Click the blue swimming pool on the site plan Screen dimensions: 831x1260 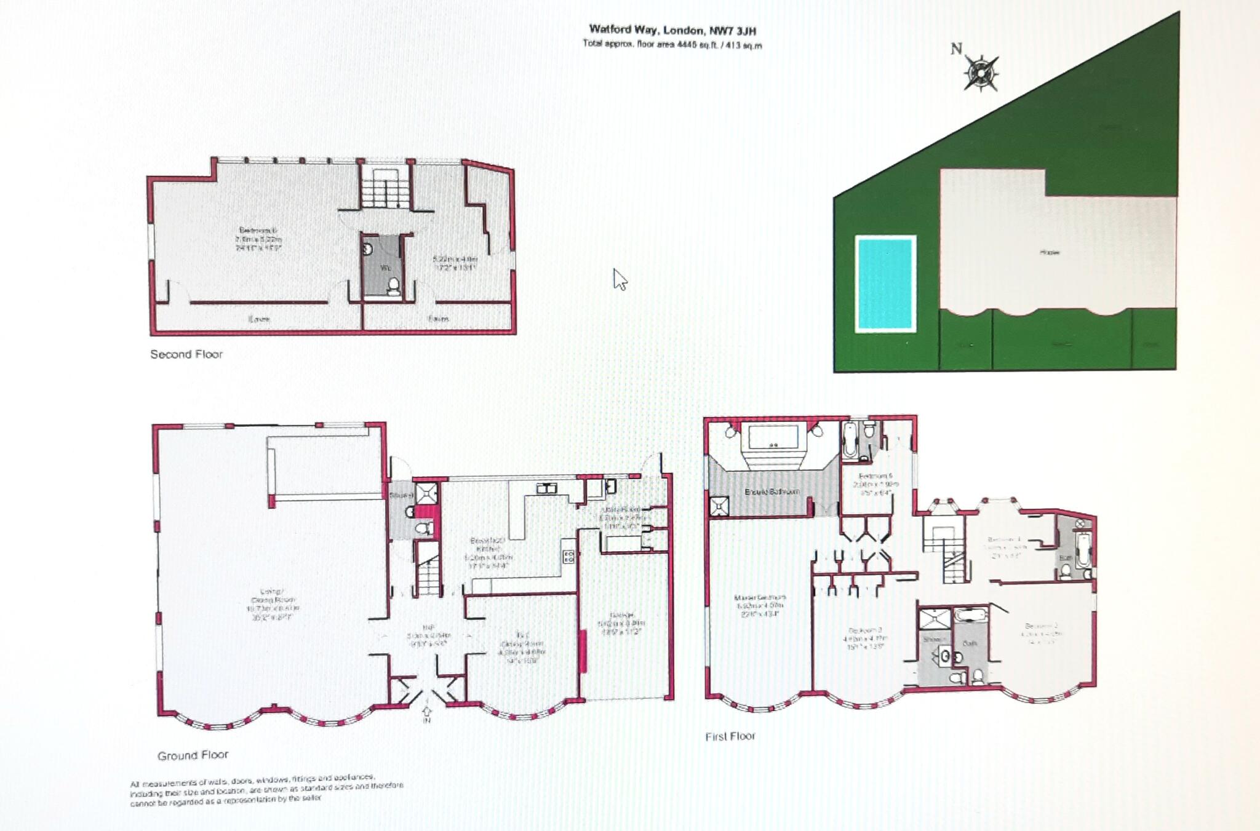click(885, 284)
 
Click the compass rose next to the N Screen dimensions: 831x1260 click(981, 73)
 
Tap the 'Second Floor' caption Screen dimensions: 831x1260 click(186, 354)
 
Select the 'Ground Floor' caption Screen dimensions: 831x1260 click(193, 755)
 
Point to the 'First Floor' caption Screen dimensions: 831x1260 click(730, 736)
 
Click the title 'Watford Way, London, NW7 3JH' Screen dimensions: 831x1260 click(672, 30)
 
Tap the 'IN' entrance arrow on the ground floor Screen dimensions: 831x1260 click(427, 715)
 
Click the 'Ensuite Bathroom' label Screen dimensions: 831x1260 click(772, 491)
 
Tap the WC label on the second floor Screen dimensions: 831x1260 click(386, 268)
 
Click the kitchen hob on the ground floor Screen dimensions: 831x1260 click(568, 557)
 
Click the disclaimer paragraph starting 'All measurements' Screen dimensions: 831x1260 click(266, 788)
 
